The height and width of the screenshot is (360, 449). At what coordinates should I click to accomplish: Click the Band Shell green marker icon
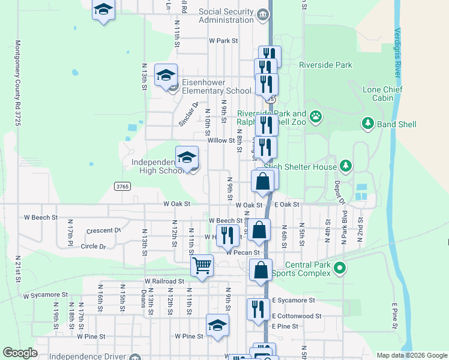(367, 124)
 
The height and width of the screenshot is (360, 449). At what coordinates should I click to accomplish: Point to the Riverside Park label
(325, 65)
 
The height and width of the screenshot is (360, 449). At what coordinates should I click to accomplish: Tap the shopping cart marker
(202, 265)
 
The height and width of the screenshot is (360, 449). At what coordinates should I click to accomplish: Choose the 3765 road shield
(121, 187)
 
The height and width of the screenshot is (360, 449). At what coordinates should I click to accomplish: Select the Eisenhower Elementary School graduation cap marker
(166, 76)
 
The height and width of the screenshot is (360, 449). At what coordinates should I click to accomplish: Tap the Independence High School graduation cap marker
(187, 158)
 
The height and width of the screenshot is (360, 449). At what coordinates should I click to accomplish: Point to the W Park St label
(223, 41)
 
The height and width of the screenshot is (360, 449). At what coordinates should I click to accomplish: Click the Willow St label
(221, 140)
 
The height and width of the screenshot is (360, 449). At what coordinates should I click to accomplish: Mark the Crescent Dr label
(104, 230)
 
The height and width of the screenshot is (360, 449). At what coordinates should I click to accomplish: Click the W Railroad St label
(164, 281)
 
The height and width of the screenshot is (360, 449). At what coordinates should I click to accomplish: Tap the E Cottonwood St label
(297, 316)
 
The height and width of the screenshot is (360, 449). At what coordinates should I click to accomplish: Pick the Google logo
(20, 353)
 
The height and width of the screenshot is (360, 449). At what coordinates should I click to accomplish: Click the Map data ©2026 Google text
(411, 355)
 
